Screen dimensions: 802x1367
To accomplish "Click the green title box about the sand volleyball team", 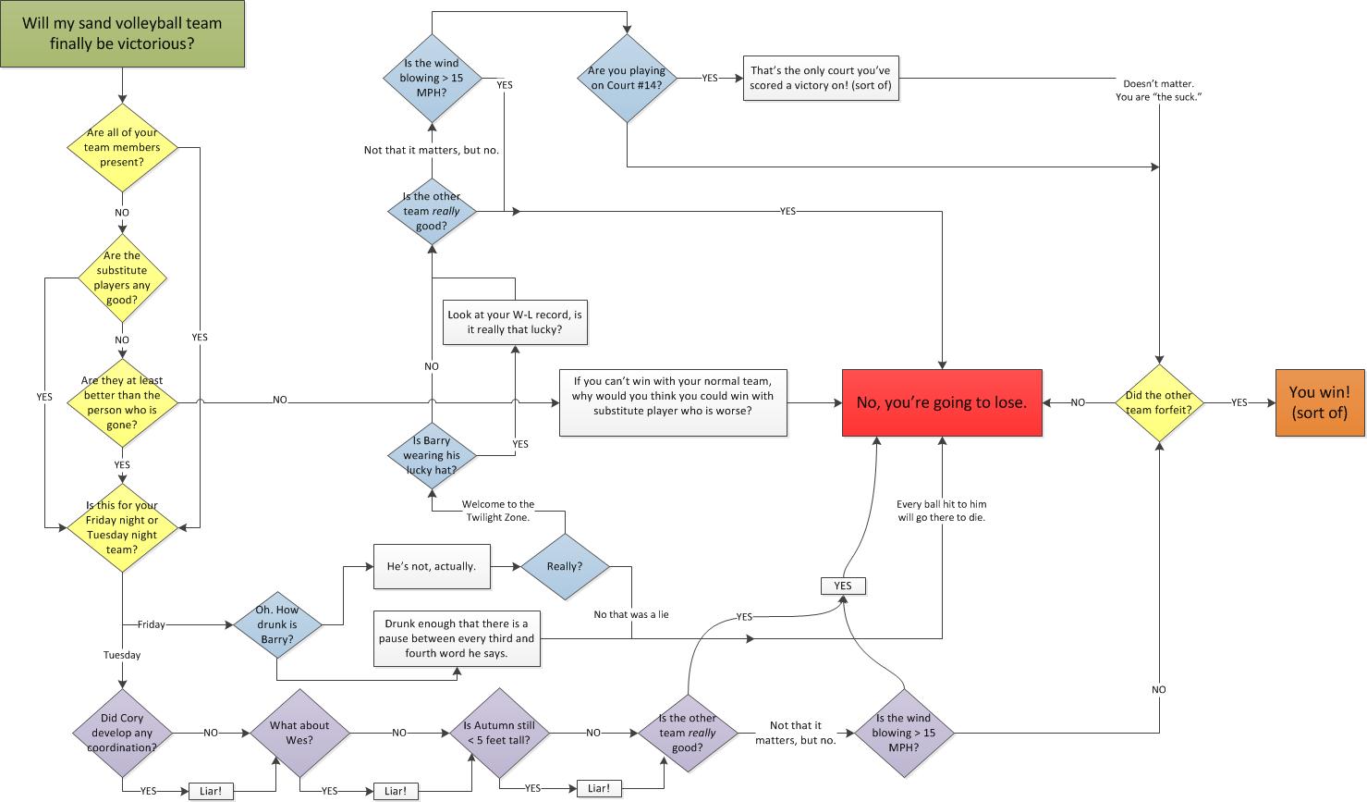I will pyautogui.click(x=122, y=34).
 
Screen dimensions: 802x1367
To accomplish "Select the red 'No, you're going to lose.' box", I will pyautogui.click(x=941, y=402).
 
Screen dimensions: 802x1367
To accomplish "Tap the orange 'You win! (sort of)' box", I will pyautogui.click(x=1319, y=402).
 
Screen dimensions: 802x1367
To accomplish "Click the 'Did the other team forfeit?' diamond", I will pyautogui.click(x=1158, y=402).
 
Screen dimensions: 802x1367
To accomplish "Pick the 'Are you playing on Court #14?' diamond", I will pyautogui.click(x=627, y=78).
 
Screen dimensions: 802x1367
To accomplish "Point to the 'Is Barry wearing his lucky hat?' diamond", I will pyautogui.click(x=432, y=455).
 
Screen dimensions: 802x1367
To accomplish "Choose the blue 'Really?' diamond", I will pyautogui.click(x=565, y=566).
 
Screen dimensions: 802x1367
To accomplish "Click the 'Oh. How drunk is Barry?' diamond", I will pyautogui.click(x=276, y=624).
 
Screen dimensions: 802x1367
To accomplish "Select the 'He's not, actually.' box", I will pyautogui.click(x=431, y=566).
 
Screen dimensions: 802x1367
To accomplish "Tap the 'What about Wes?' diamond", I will pyautogui.click(x=299, y=733).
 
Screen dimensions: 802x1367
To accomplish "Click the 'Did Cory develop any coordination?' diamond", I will pyautogui.click(x=123, y=733).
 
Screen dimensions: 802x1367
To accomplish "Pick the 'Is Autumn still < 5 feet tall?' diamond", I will pyautogui.click(x=499, y=733).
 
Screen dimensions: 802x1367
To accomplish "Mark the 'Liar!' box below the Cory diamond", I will pyautogui.click(x=211, y=791).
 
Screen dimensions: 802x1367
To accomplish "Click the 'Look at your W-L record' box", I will pyautogui.click(x=515, y=322).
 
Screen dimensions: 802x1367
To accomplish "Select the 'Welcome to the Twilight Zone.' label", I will pyautogui.click(x=496, y=511).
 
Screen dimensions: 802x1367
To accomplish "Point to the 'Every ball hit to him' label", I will pyautogui.click(x=941, y=511).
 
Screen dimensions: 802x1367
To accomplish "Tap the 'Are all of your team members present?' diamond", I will pyautogui.click(x=123, y=147).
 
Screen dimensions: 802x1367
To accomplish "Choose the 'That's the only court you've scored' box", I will pyautogui.click(x=820, y=78).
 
